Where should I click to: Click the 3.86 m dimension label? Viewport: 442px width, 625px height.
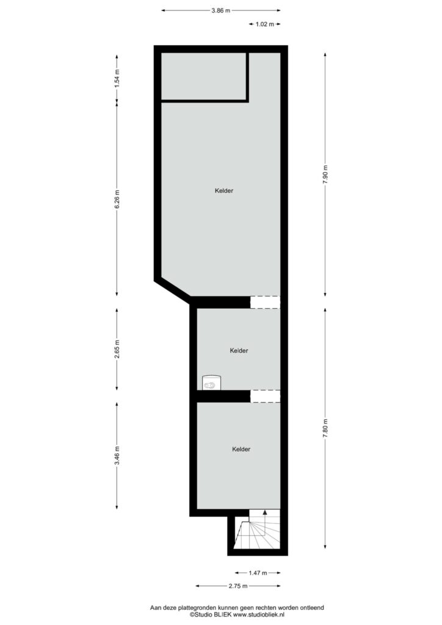pyautogui.click(x=221, y=11)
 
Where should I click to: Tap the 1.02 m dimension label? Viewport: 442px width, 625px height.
pyautogui.click(x=264, y=24)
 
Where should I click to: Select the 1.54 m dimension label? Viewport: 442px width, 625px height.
pyautogui.click(x=117, y=79)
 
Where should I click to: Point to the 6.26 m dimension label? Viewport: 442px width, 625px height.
pyautogui.click(x=117, y=199)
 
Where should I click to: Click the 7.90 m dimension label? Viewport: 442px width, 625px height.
pyautogui.click(x=325, y=174)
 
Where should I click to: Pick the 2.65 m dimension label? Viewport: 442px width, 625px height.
pyautogui.click(x=117, y=349)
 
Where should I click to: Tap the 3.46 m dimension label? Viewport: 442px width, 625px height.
pyautogui.click(x=117, y=455)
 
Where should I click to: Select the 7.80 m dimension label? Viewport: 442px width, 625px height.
pyautogui.click(x=325, y=428)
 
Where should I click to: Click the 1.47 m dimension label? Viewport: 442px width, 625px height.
pyautogui.click(x=258, y=573)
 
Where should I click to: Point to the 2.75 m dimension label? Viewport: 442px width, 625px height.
pyautogui.click(x=238, y=586)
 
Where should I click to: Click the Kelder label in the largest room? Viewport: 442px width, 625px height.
pyautogui.click(x=224, y=191)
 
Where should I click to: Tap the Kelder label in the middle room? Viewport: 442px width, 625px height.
pyautogui.click(x=239, y=351)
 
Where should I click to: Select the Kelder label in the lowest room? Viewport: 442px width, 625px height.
pyautogui.click(x=241, y=449)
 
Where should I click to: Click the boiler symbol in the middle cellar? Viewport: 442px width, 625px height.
pyautogui.click(x=211, y=383)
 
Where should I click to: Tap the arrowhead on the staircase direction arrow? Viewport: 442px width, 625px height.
pyautogui.click(x=265, y=512)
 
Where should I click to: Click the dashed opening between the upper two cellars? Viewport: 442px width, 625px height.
pyautogui.click(x=265, y=302)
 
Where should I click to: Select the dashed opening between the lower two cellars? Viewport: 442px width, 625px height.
pyautogui.click(x=265, y=396)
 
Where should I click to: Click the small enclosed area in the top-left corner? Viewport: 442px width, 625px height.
pyautogui.click(x=203, y=76)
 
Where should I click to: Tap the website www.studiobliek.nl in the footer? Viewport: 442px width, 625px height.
pyautogui.click(x=259, y=615)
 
